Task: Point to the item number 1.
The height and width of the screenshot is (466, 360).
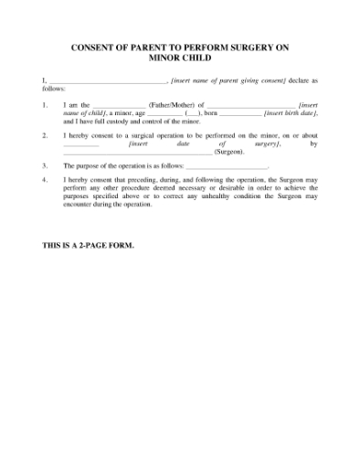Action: click(45, 106)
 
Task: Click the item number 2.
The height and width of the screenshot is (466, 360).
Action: click(45, 136)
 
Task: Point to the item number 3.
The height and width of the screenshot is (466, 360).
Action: click(45, 166)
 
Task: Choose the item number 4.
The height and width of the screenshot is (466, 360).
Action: click(45, 182)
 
